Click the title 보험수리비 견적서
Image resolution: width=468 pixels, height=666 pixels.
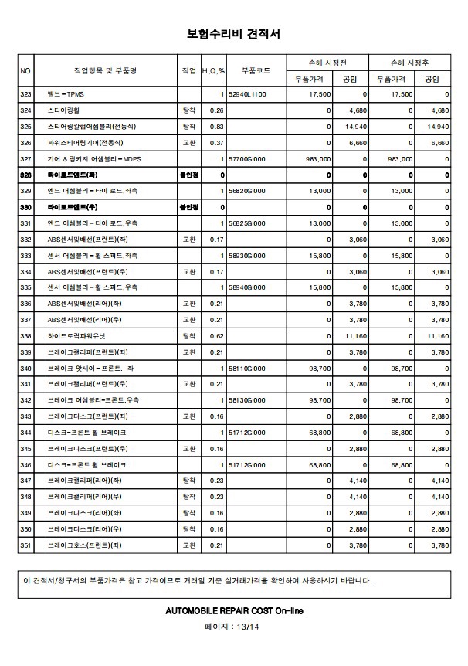[x=233, y=34]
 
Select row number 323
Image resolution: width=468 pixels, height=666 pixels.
[x=25, y=94]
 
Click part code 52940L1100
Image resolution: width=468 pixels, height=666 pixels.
[x=247, y=94]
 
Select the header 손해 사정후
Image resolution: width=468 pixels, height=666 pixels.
[x=411, y=62]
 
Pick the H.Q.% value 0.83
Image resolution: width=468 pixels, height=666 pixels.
[x=216, y=126]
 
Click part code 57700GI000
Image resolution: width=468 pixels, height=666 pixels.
[x=247, y=158]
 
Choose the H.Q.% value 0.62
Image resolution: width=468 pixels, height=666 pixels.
[x=216, y=336]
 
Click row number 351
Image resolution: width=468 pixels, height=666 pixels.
[x=25, y=545]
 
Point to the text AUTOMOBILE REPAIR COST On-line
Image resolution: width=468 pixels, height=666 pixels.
[x=234, y=610]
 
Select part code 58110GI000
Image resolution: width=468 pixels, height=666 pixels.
[x=247, y=369]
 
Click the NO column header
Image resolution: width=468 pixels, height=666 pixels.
[x=25, y=70]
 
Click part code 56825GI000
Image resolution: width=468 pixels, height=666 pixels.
[x=247, y=223]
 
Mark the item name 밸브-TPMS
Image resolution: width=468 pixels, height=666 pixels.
[x=65, y=94]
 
